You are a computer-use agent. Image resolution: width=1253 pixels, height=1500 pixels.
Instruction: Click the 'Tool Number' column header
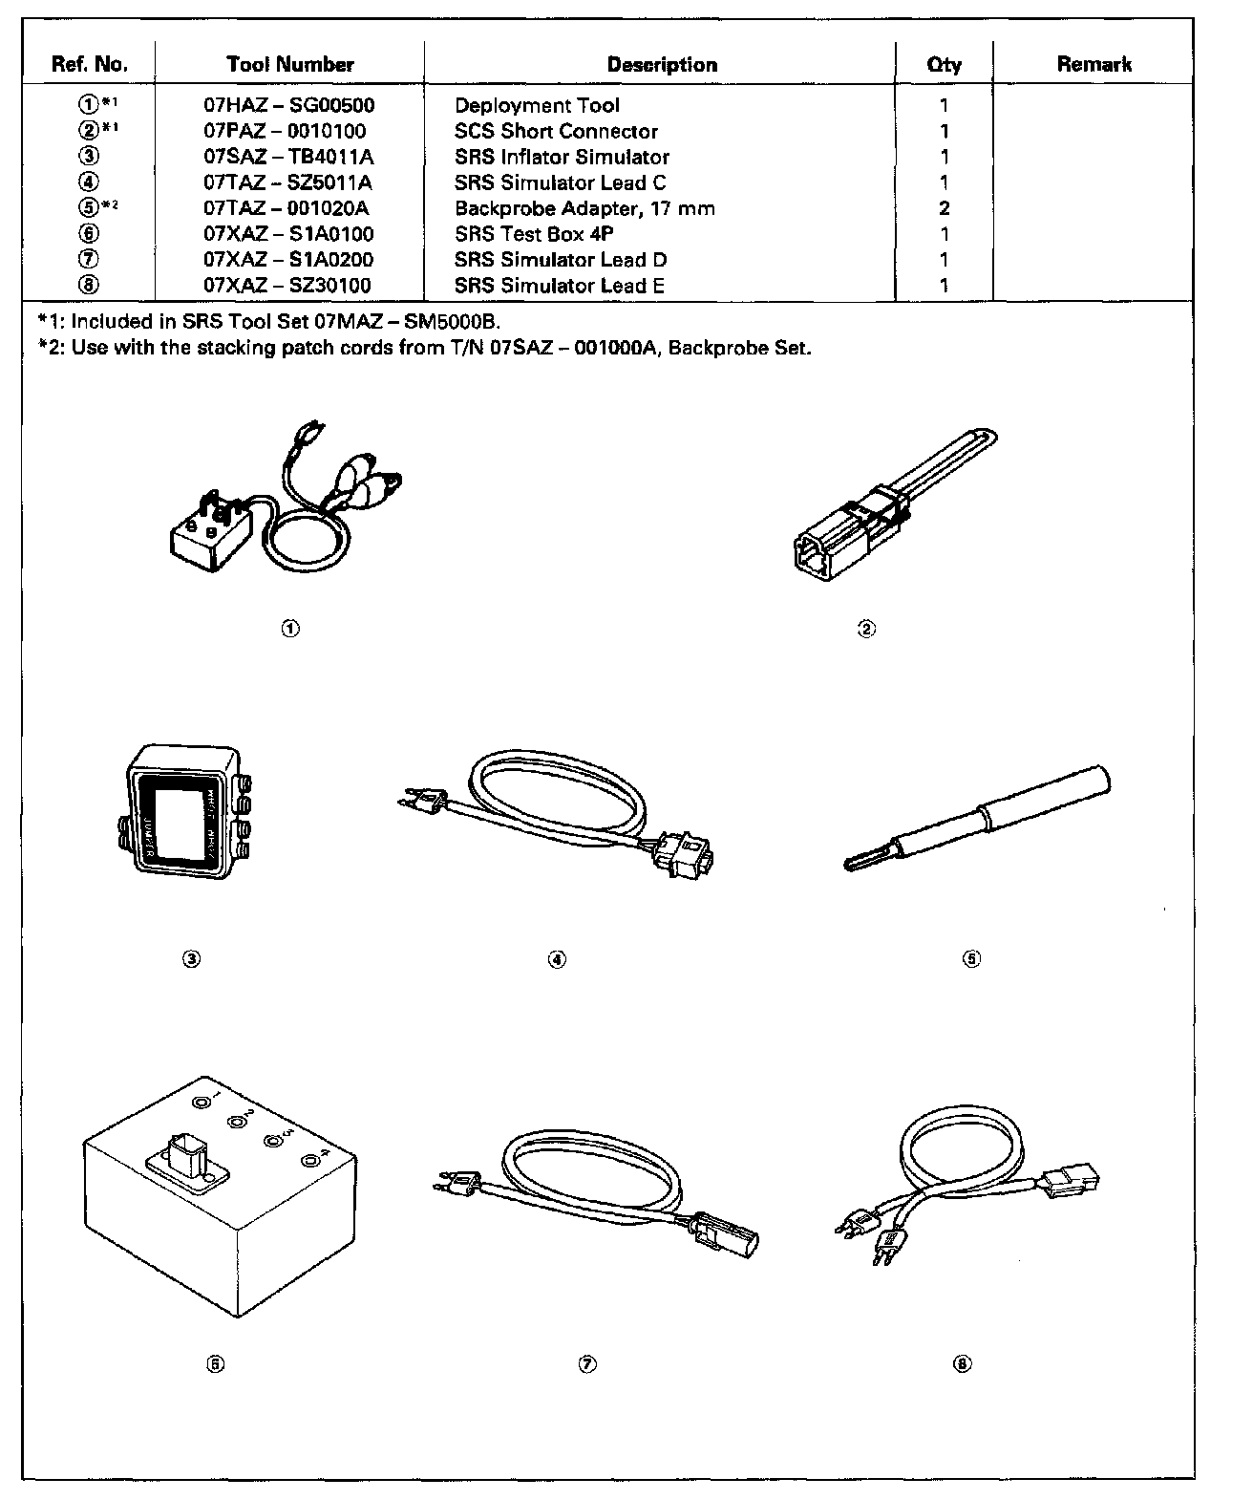[x=289, y=65]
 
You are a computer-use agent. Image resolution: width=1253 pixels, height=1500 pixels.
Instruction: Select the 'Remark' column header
[x=1094, y=65]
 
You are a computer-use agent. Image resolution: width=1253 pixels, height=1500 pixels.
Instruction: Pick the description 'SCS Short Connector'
[x=556, y=132]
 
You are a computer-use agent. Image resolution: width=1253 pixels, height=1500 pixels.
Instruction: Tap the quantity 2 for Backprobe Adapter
[x=944, y=209]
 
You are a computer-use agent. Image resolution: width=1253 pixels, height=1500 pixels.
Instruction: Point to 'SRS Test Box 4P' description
[x=534, y=234]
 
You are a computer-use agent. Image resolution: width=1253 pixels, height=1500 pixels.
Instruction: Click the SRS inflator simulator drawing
[x=181, y=810]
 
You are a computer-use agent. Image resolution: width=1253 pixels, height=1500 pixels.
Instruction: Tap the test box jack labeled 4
[x=310, y=1162]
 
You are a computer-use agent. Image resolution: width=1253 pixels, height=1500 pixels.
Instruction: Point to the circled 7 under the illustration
[x=586, y=1364]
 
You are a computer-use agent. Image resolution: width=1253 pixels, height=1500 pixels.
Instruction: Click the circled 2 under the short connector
[x=866, y=628]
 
